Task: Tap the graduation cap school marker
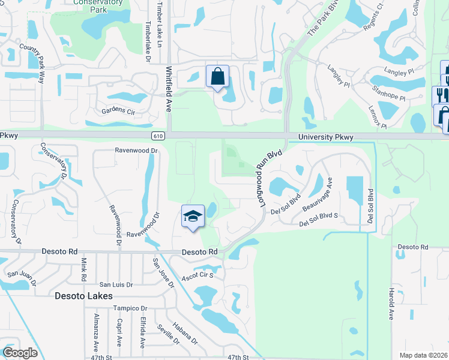(193, 216)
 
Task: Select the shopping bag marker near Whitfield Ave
(217, 77)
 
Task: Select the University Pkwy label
(325, 138)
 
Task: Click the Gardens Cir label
(118, 110)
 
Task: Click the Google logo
(20, 352)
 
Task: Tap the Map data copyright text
(423, 355)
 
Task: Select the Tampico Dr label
(130, 308)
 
